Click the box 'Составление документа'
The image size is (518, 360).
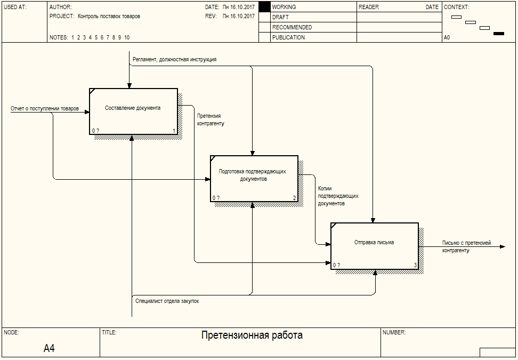click(133, 111)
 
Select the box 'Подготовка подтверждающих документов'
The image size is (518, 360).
click(254, 179)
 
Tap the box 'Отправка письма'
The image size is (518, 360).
click(375, 246)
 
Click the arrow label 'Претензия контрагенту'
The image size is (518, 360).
click(211, 119)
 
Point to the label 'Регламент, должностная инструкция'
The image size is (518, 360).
click(174, 60)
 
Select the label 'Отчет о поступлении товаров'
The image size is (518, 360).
click(45, 108)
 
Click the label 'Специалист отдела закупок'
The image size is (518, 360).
click(167, 301)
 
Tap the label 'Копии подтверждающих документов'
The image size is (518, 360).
click(338, 196)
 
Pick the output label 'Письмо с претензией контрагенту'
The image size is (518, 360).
click(466, 246)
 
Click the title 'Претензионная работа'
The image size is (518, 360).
click(252, 335)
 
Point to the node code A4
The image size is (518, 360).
click(49, 348)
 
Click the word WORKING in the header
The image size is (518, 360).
click(284, 7)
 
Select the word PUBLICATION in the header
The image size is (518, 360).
click(288, 37)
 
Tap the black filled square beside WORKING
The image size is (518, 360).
click(264, 7)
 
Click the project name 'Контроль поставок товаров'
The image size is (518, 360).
click(109, 16)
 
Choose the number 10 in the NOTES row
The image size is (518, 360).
click(127, 38)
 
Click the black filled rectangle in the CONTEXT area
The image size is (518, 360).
click(498, 34)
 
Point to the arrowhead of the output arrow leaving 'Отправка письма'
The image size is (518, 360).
click(503, 246)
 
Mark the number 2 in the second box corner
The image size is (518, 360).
click(294, 198)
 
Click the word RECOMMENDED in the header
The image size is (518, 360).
click(292, 27)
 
